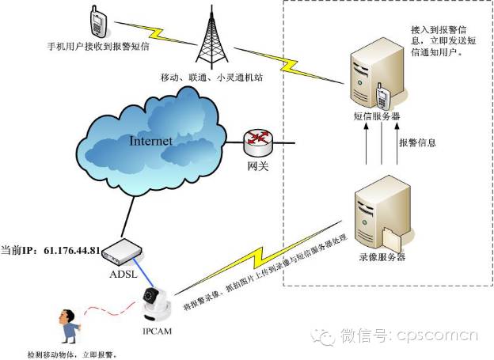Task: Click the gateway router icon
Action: tap(256, 143)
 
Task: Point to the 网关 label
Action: tap(256, 168)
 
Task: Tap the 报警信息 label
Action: tap(417, 143)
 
